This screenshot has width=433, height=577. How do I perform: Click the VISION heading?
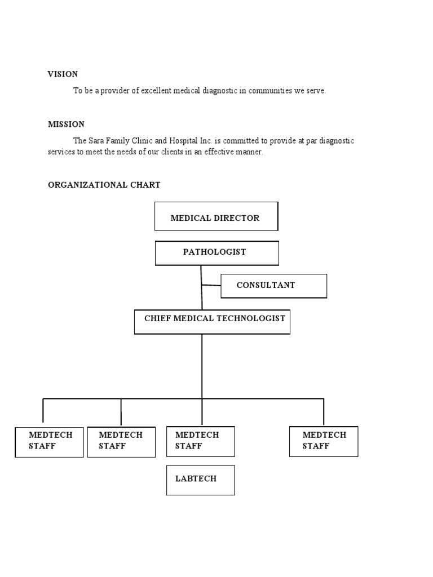(x=63, y=74)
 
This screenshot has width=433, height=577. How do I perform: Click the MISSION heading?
(x=66, y=124)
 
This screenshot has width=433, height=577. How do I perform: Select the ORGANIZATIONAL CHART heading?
(x=104, y=185)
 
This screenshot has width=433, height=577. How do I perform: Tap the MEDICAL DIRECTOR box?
(x=216, y=216)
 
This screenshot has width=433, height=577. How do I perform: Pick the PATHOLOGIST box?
(x=216, y=253)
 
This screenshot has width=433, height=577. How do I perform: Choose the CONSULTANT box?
(x=273, y=286)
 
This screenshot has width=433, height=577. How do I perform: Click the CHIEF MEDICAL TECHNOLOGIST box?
(x=212, y=321)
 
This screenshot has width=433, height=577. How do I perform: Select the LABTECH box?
(x=200, y=480)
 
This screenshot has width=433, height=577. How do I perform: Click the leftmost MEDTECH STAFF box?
(x=49, y=442)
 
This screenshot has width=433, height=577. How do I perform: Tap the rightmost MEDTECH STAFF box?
(x=323, y=441)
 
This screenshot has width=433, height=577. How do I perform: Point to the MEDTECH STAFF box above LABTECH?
(x=200, y=441)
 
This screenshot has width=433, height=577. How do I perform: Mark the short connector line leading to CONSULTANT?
(x=211, y=285)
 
